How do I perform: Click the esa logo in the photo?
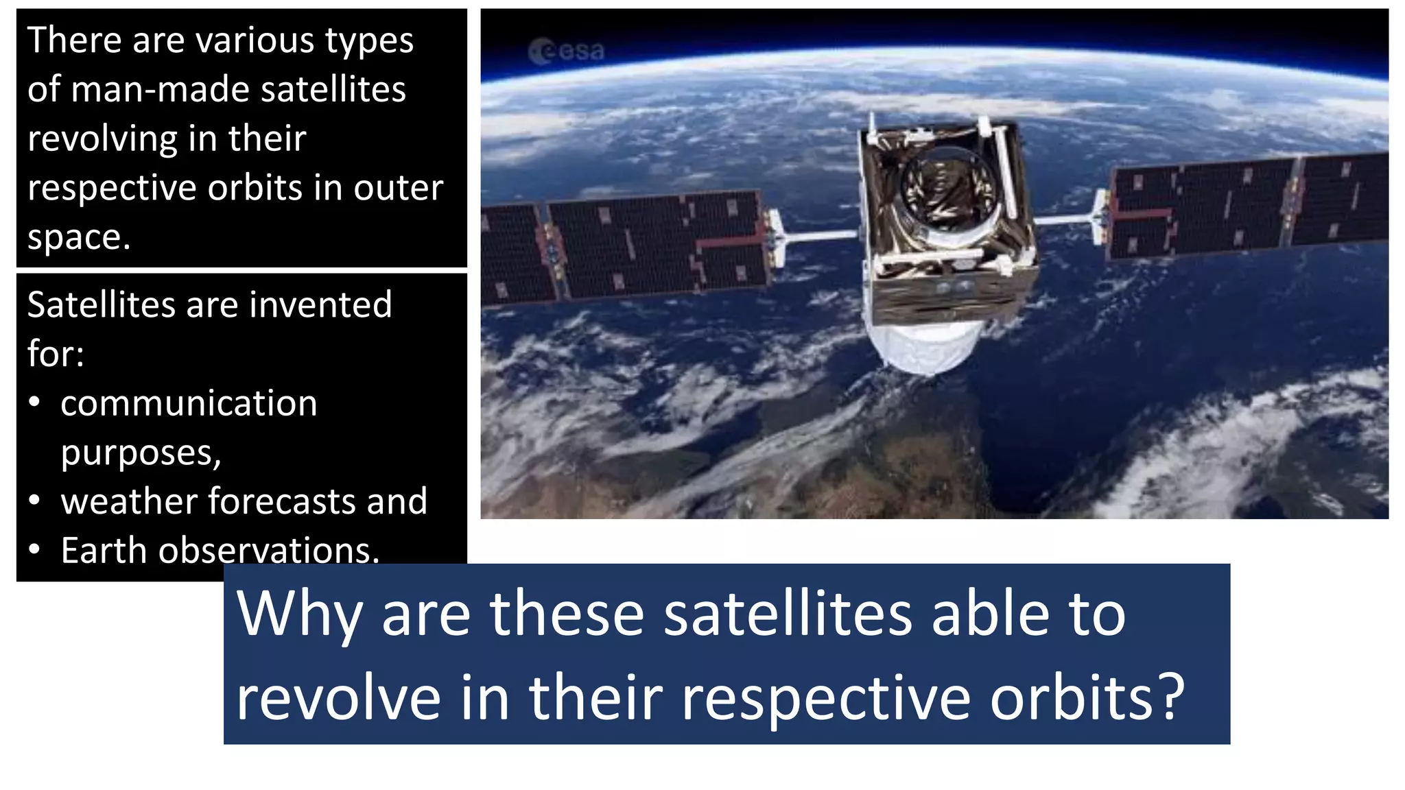567,51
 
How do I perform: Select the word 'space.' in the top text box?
78,238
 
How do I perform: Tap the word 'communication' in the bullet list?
189,403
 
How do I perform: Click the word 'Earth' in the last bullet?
104,551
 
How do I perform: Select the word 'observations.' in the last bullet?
268,551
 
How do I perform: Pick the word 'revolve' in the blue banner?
338,697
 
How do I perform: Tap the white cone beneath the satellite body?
923,346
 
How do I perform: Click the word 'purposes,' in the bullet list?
141,453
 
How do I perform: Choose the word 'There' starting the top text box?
72,40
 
